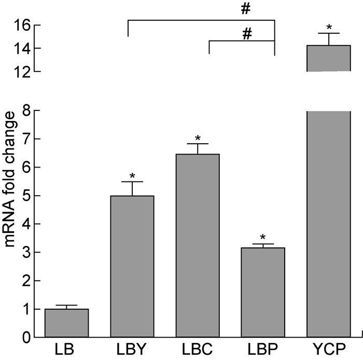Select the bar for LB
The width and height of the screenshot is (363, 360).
[x=66, y=323]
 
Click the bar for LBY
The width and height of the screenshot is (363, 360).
[x=132, y=267]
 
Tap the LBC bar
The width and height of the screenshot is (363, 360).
[x=198, y=246]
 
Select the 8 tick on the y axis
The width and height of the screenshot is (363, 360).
[x=24, y=110]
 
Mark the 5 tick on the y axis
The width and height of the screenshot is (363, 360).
[x=24, y=196]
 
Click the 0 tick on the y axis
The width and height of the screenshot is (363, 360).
[x=24, y=338]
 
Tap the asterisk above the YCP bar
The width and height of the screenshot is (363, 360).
[x=329, y=27]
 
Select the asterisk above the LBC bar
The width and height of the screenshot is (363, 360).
[x=198, y=138]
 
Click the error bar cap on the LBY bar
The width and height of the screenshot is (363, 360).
[x=132, y=182]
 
